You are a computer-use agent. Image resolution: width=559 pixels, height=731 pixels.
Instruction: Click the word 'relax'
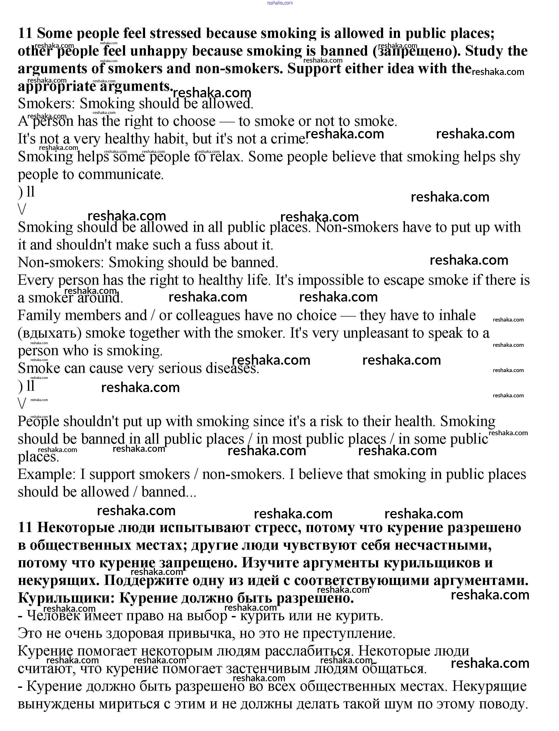225,157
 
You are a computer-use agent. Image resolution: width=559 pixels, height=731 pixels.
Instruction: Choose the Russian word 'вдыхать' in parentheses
50,333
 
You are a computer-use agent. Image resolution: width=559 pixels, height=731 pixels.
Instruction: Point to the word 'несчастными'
443,545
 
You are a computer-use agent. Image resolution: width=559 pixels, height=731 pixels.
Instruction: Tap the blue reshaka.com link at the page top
280,3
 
